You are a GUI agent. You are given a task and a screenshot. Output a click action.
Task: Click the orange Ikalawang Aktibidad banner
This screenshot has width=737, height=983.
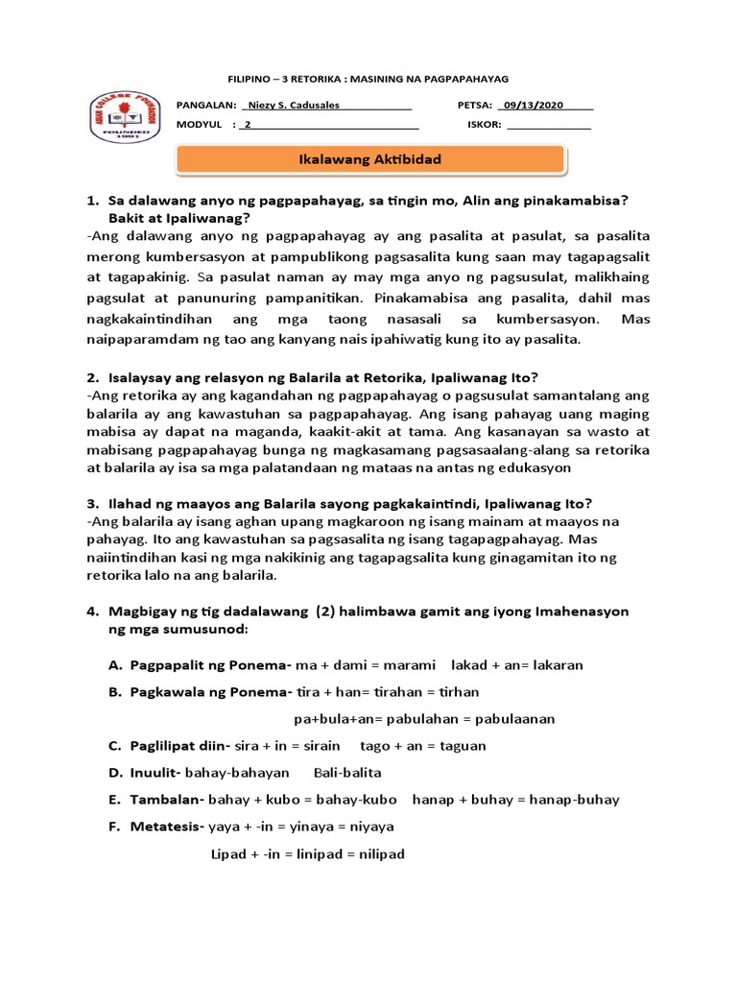tap(370, 159)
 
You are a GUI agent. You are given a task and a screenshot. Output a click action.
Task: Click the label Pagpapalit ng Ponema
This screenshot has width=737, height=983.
tap(210, 664)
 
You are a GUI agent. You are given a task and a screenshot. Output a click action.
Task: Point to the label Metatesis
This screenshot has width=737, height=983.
tap(166, 826)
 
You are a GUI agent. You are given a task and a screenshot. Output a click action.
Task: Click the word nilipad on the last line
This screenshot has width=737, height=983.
tap(377, 852)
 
